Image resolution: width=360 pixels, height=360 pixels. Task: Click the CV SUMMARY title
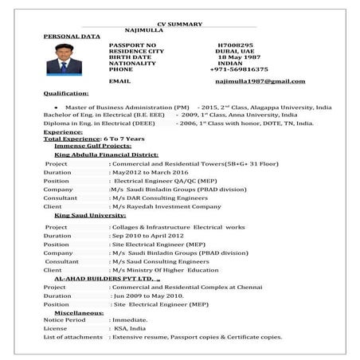tap(179, 25)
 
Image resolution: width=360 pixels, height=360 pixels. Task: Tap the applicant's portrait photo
tap(63, 58)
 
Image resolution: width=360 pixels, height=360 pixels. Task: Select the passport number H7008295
tap(237, 44)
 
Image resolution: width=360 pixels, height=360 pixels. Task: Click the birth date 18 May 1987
tap(238, 57)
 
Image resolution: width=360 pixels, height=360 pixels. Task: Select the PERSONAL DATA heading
tap(72, 37)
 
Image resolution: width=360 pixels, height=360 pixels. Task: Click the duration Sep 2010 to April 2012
tap(153, 236)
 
